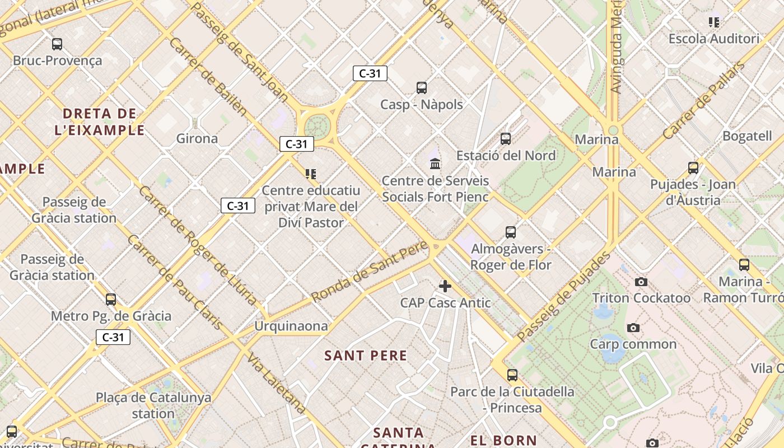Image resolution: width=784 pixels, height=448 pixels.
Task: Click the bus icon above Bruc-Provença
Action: (57, 44)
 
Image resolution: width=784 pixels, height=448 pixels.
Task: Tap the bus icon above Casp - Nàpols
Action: (422, 88)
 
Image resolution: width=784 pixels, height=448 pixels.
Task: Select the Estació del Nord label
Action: (506, 155)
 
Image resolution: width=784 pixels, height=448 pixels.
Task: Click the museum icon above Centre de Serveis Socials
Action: (435, 164)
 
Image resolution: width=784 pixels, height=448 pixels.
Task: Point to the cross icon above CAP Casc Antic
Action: (445, 286)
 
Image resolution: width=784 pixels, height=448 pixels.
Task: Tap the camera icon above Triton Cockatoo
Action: (641, 282)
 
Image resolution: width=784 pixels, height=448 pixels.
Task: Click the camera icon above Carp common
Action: (633, 328)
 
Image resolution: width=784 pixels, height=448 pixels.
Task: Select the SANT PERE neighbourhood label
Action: (366, 355)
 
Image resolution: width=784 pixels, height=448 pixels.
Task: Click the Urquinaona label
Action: (291, 326)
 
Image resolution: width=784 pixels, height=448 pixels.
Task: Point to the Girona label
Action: (197, 138)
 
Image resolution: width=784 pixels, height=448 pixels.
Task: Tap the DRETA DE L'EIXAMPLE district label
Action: (100, 122)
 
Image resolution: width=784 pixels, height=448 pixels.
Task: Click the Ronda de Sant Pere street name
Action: (370, 272)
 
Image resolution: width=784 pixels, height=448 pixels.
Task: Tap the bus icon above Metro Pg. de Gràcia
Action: (111, 300)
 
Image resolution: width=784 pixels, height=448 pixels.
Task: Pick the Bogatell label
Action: (747, 136)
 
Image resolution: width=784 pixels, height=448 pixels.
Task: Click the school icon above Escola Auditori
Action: (714, 22)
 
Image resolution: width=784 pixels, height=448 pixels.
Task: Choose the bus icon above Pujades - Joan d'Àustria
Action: (693, 168)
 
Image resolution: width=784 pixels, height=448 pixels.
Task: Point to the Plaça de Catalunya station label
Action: (153, 405)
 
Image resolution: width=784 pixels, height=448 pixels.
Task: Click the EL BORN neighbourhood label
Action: (503, 440)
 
